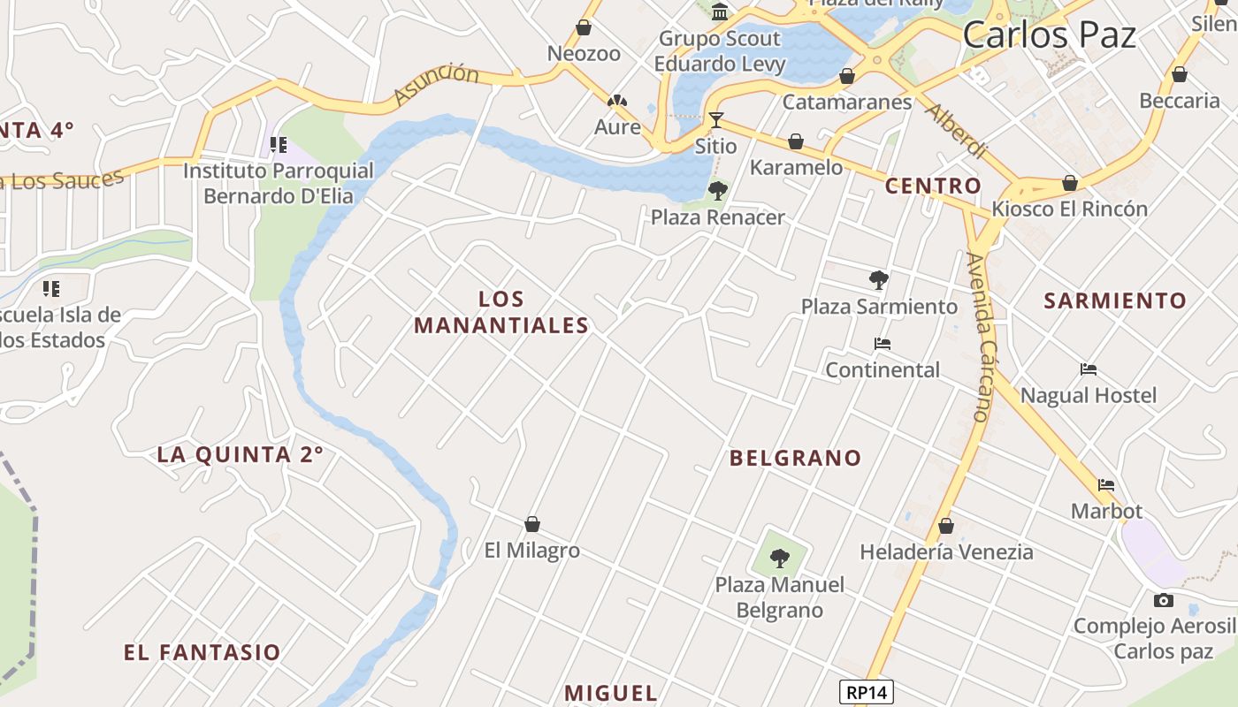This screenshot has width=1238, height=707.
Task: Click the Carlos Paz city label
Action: pyautogui.click(x=1049, y=35)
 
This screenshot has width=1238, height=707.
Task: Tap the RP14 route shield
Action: pyautogui.click(x=867, y=691)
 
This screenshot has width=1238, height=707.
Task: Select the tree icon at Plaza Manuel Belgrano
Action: pyautogui.click(x=779, y=559)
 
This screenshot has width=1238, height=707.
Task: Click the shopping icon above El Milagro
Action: pyautogui.click(x=532, y=524)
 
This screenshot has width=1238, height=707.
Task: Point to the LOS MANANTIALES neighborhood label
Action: pyautogui.click(x=501, y=312)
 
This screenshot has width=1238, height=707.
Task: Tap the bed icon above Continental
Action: pyautogui.click(x=882, y=344)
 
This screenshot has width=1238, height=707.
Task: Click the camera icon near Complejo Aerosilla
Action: pyautogui.click(x=1164, y=601)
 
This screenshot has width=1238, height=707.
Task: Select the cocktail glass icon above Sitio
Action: pyautogui.click(x=716, y=119)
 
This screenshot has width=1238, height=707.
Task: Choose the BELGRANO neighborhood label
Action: pyautogui.click(x=795, y=458)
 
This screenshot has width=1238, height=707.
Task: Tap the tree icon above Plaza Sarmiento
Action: pyautogui.click(x=878, y=280)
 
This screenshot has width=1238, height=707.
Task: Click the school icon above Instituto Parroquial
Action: pyautogui.click(x=279, y=144)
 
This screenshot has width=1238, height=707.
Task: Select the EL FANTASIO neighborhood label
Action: pyautogui.click(x=202, y=653)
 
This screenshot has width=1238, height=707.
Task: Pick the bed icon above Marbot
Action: pyautogui.click(x=1106, y=485)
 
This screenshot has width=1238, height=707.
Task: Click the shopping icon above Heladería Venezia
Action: pyautogui.click(x=946, y=526)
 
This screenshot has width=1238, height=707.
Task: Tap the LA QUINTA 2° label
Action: pyautogui.click(x=240, y=455)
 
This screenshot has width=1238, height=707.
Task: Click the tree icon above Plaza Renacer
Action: pyautogui.click(x=717, y=190)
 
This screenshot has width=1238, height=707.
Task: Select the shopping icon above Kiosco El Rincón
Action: pyautogui.click(x=1070, y=184)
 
